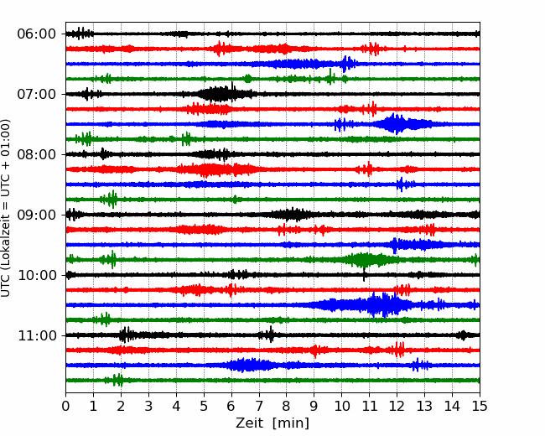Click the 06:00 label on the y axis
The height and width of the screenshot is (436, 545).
pos(36,34)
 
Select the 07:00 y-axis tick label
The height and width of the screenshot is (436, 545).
pos(36,94)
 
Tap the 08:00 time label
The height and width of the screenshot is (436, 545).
pos(36,154)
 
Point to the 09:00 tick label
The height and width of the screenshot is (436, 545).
pos(36,215)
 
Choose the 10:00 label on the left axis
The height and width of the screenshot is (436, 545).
pos(36,275)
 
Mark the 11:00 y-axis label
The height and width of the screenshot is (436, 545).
pos(36,335)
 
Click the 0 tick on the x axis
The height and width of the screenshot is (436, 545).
pos(65,406)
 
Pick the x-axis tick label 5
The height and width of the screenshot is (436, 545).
pos(204,406)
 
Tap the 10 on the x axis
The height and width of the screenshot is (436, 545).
pos(341,406)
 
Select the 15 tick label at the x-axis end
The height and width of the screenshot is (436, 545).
pos(480,406)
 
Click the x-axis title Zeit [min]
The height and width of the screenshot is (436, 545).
pos(272,423)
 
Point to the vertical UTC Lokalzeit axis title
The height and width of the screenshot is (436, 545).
pos(6,208)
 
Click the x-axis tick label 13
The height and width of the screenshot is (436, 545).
pos(424,406)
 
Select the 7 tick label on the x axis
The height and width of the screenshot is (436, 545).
pos(259,406)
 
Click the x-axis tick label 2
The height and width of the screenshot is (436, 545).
pos(121,406)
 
